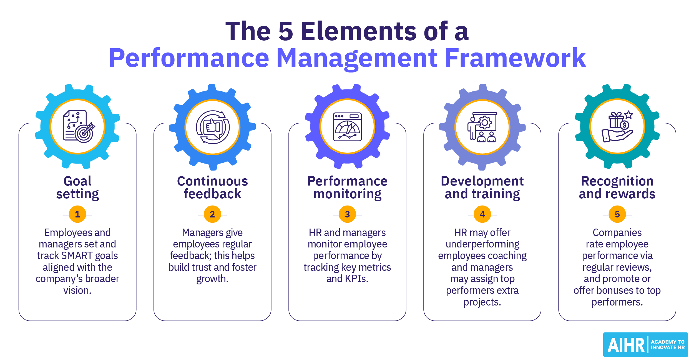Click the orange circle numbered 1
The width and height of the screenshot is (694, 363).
click(x=77, y=214)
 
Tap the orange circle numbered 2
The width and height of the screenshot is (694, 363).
click(x=212, y=214)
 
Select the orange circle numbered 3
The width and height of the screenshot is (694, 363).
click(x=347, y=214)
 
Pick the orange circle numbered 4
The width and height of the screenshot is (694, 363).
click(x=482, y=214)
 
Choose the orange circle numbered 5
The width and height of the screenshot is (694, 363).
click(x=617, y=214)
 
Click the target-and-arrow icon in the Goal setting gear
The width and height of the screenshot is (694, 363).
click(x=84, y=133)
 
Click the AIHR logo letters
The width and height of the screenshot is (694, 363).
click(x=626, y=345)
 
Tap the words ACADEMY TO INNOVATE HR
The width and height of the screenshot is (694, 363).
click(x=668, y=345)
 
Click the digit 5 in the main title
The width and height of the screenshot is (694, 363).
click(x=286, y=31)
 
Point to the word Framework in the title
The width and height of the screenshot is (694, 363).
click(x=515, y=58)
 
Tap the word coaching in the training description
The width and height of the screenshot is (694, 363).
click(x=509, y=256)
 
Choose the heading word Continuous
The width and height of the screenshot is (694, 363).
click(x=212, y=181)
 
